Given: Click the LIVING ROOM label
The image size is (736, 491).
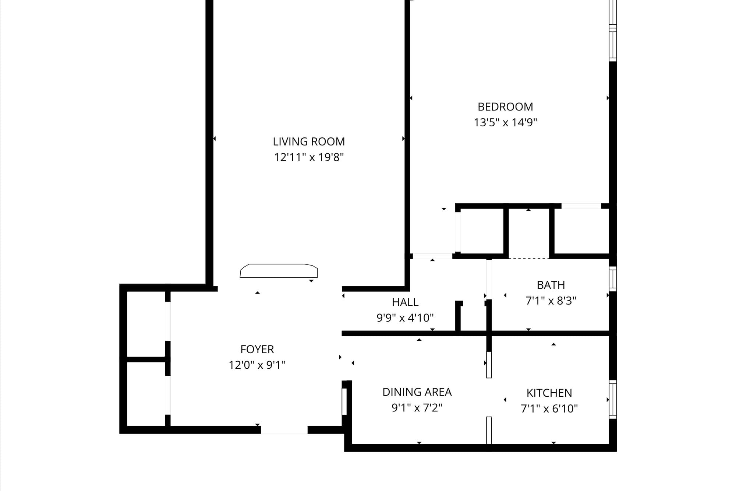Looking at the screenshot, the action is point(309,141).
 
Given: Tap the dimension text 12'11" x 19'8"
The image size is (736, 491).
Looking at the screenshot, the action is point(309,157).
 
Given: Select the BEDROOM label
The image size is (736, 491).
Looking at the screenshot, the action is point(505,107).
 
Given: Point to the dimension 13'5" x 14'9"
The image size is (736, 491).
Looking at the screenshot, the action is point(505,122).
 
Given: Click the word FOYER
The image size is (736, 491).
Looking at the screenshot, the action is point(257,349).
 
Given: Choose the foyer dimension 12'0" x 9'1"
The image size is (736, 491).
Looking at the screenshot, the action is point(257,365).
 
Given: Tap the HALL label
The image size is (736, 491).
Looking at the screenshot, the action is point(405,302).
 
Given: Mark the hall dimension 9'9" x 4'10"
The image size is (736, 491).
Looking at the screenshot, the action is point(405,318).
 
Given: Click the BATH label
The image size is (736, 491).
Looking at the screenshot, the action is point(551,285).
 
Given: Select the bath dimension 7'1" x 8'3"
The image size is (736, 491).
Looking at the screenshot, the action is point(551,301).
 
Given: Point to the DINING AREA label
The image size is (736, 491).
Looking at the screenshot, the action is point(417,392).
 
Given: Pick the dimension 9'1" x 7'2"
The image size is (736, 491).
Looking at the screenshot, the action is point(417,408).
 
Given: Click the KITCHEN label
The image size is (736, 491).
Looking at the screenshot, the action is point(549,393).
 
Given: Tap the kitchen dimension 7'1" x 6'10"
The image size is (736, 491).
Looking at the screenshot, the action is point(549,408).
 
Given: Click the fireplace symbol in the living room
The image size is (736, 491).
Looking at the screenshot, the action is point(279,271).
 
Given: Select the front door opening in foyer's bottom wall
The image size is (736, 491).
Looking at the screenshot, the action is point(284,430).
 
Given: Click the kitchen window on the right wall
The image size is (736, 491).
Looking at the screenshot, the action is point(613,399).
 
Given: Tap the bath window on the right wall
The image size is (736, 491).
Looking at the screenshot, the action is point(613,279).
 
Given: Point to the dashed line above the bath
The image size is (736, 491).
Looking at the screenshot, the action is point(529,259).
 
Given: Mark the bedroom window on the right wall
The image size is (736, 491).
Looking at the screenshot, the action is point(613,31).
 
